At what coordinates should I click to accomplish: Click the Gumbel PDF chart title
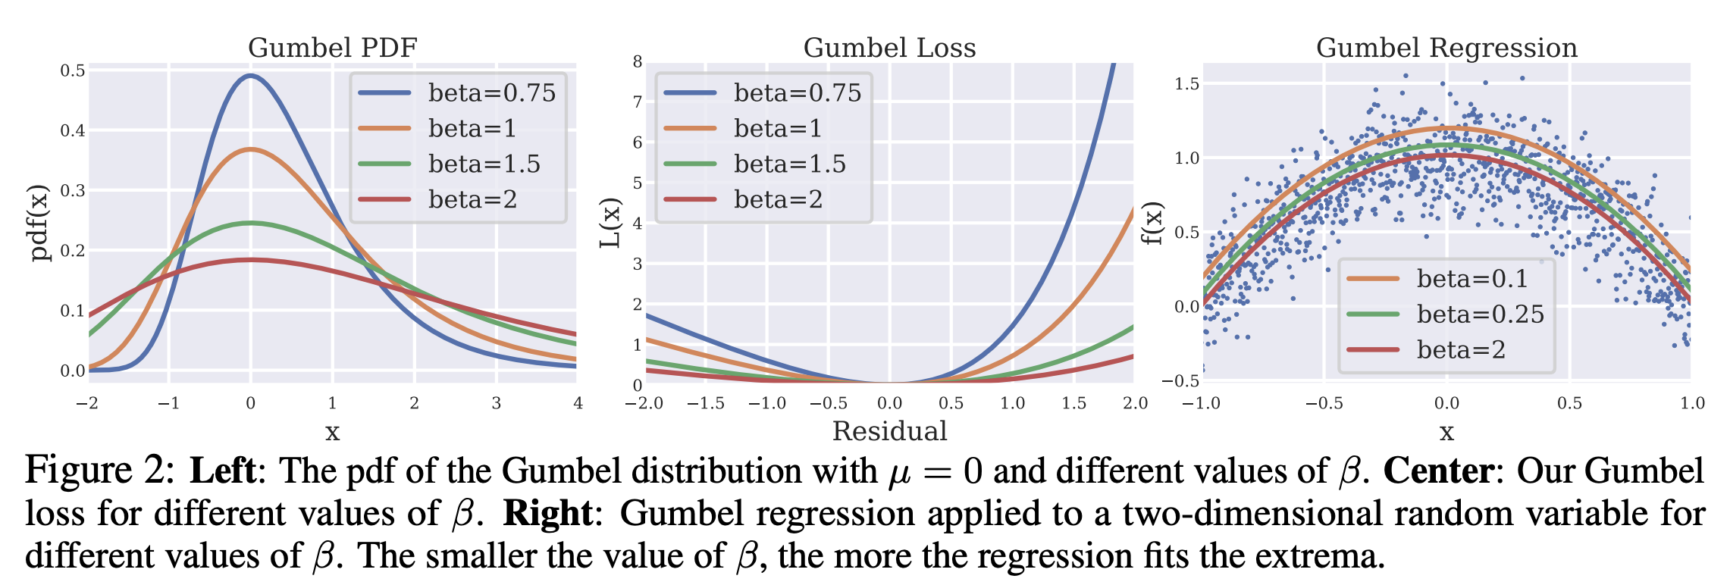point(332,48)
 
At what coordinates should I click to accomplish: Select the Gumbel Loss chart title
point(889,48)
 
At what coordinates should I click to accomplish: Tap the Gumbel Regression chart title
point(1446,48)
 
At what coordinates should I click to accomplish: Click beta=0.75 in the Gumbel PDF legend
point(491,92)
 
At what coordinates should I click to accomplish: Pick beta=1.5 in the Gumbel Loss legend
point(789,164)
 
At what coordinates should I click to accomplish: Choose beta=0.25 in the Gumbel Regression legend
point(1480,314)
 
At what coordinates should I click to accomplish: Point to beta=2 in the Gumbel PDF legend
point(472,199)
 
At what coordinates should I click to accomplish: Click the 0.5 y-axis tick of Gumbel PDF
point(73,70)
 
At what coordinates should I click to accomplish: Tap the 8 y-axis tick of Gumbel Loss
point(638,61)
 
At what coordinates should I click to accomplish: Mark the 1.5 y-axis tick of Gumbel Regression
point(1187,83)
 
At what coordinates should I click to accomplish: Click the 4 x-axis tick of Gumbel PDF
point(578,403)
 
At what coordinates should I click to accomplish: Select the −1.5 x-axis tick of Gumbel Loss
point(706,403)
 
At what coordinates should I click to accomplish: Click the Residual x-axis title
point(889,431)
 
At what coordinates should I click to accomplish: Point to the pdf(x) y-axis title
point(39,223)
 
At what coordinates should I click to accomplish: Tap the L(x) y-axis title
point(610,223)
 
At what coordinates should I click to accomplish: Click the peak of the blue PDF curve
point(250,76)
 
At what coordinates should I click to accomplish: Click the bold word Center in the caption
point(1438,471)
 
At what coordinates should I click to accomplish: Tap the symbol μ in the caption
point(899,472)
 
